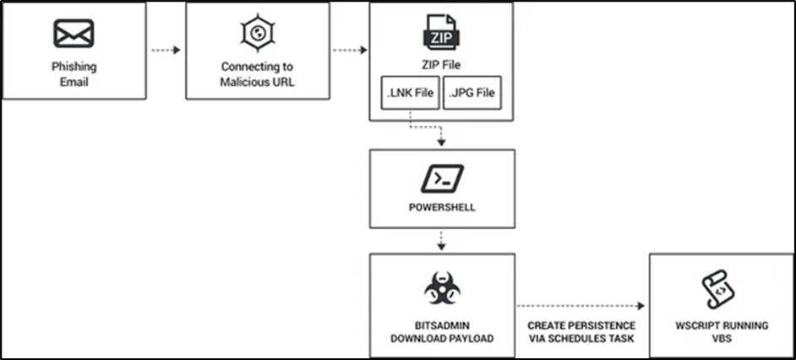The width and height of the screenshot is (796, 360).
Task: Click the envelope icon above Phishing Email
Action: (x=74, y=34)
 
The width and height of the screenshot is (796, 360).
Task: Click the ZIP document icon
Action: (x=441, y=33)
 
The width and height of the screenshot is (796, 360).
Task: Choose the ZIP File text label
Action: (x=441, y=64)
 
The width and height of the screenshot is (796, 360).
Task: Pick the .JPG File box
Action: (x=472, y=93)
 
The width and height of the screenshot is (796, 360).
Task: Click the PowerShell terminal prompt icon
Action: (x=441, y=178)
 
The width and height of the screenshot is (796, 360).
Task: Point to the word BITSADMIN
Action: (x=441, y=325)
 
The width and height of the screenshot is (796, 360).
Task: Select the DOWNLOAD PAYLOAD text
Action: (x=441, y=336)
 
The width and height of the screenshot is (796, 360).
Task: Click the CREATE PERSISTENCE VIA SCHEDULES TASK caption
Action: (x=581, y=330)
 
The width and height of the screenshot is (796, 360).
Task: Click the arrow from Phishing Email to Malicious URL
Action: (x=166, y=50)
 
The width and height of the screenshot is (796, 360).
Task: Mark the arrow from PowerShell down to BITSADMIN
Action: (x=441, y=241)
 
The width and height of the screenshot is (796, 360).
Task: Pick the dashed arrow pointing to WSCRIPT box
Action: (x=581, y=307)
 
